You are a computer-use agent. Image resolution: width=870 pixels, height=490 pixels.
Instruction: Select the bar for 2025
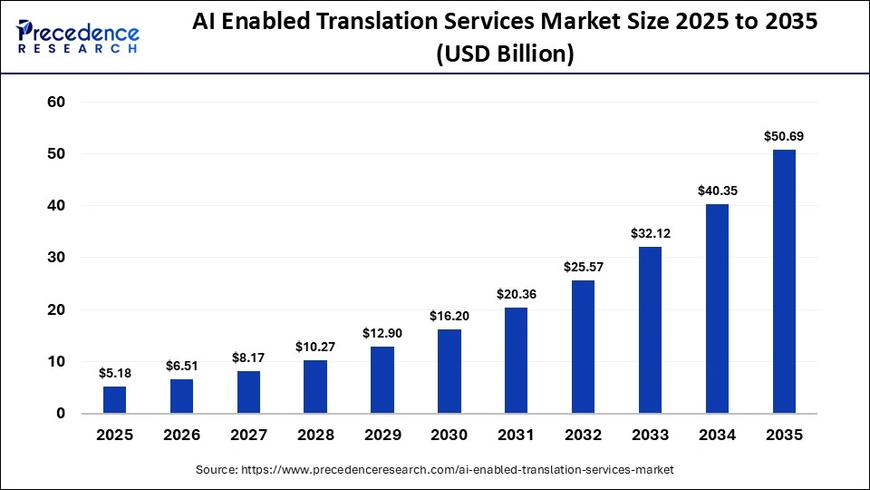(115, 399)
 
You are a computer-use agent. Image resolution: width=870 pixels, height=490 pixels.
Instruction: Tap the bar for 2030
(449, 371)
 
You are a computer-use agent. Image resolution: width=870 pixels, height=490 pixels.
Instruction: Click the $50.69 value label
(784, 137)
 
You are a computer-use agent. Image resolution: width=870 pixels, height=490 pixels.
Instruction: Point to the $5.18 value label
(115, 373)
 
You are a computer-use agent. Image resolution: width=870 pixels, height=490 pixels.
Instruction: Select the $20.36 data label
(517, 294)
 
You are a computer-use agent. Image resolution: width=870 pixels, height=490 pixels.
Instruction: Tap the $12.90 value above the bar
(382, 333)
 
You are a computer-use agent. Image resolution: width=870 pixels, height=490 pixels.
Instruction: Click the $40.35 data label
(717, 191)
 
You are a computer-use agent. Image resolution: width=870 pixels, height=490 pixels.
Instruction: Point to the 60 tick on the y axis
(56, 103)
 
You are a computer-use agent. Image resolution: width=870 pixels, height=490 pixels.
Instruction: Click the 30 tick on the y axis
(56, 258)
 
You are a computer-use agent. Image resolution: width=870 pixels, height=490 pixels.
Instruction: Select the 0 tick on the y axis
(61, 414)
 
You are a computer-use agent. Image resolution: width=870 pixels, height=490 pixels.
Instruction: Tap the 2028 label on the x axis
(315, 436)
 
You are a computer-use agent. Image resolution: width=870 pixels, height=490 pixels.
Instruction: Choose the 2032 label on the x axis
(583, 436)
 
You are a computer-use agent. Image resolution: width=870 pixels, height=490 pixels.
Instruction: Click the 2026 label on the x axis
(181, 436)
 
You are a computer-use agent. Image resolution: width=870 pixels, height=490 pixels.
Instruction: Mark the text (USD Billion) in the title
(505, 55)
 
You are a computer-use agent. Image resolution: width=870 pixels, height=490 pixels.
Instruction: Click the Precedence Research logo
(77, 36)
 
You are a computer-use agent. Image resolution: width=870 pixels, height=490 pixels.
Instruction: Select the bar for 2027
(248, 392)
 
